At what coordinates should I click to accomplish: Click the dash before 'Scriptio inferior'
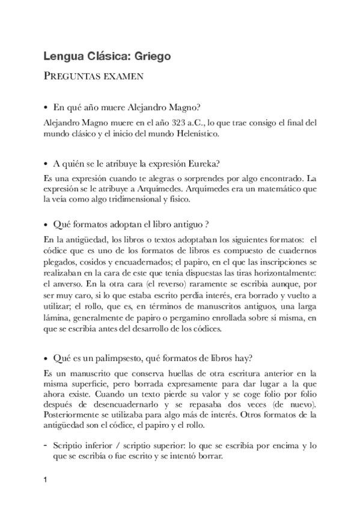coord(46,445)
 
